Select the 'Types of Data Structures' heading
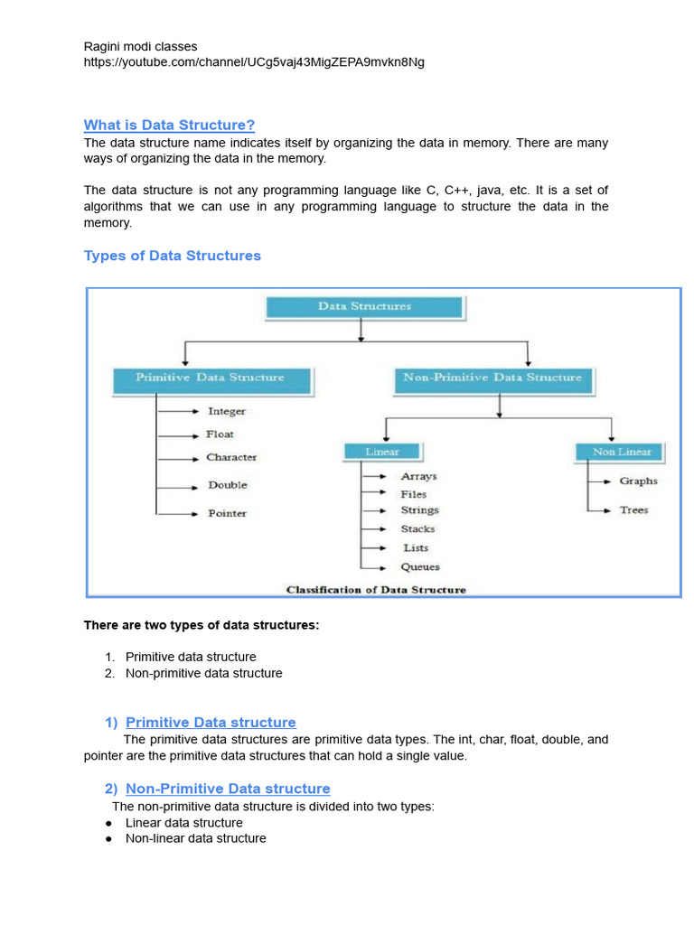click(172, 256)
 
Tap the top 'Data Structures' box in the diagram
click(364, 307)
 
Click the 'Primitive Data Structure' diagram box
click(210, 378)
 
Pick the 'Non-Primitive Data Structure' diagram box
click(492, 378)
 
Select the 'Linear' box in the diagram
click(381, 452)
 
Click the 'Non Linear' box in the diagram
click(621, 452)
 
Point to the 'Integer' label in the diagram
click(226, 411)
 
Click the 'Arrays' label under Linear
click(418, 476)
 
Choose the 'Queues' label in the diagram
click(420, 567)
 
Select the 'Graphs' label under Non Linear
click(638, 481)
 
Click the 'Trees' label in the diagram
click(633, 510)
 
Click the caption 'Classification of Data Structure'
click(376, 590)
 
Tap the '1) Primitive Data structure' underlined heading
click(200, 723)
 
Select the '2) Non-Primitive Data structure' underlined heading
click(217, 789)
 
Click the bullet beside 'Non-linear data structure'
click(108, 839)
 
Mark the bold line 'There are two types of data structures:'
click(202, 625)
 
